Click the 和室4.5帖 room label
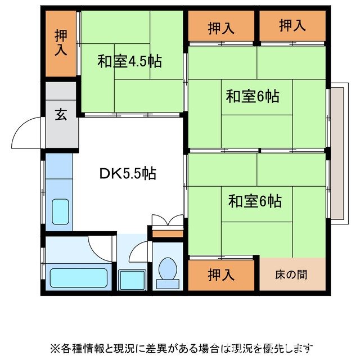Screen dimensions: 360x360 [x=129, y=61]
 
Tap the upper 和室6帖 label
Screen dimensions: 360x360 [x=253, y=96]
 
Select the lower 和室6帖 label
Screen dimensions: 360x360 [x=255, y=200]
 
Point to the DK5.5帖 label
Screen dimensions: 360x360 [x=128, y=174]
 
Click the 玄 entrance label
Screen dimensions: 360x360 [x=61, y=114]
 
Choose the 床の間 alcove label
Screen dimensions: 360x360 [x=291, y=275]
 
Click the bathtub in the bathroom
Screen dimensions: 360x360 [x=79, y=277]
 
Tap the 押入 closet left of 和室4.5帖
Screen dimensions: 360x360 [x=61, y=43]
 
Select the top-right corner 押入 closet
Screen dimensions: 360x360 [x=292, y=26]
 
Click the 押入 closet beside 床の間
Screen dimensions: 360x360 [x=222, y=275]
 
